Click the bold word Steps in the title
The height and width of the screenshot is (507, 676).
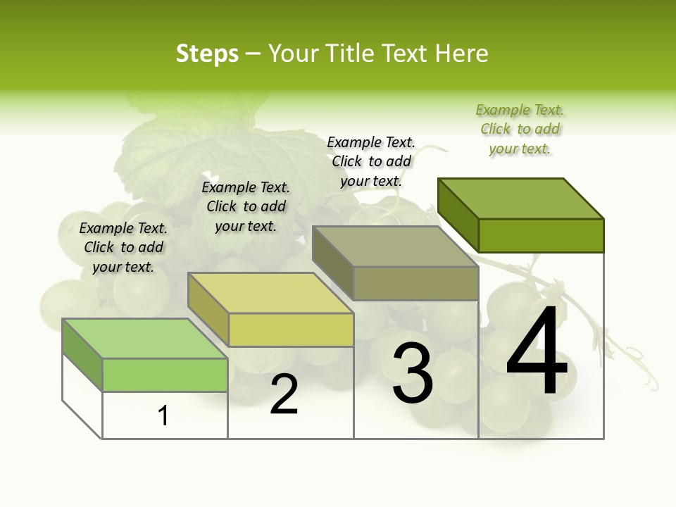click(x=207, y=54)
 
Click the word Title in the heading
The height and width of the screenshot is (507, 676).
click(x=351, y=54)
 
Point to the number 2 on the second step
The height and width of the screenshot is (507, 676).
click(x=284, y=394)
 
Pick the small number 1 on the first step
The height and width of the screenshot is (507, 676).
click(x=163, y=415)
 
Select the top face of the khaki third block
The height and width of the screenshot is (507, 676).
click(x=395, y=246)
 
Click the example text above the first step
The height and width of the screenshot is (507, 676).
click(x=123, y=247)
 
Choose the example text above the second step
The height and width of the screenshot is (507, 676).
click(x=246, y=206)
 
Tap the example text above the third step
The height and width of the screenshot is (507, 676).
click(x=371, y=161)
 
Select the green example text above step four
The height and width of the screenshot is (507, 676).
click(x=520, y=129)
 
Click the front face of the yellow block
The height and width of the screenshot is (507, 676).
click(x=291, y=330)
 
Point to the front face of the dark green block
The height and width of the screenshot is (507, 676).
click(x=541, y=235)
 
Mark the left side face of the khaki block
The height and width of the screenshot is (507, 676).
click(x=332, y=262)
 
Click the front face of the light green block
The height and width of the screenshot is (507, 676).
click(x=165, y=375)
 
